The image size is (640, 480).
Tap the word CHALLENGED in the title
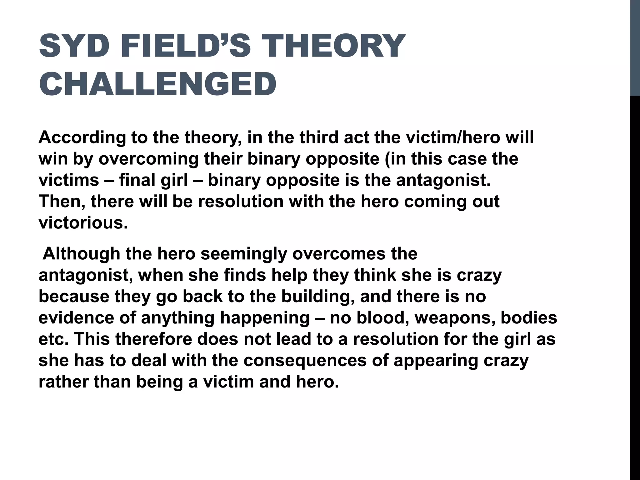[x=158, y=84]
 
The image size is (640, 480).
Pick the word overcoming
[x=149, y=159]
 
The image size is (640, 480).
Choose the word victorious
[x=83, y=223]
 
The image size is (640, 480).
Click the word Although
[x=81, y=254]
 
